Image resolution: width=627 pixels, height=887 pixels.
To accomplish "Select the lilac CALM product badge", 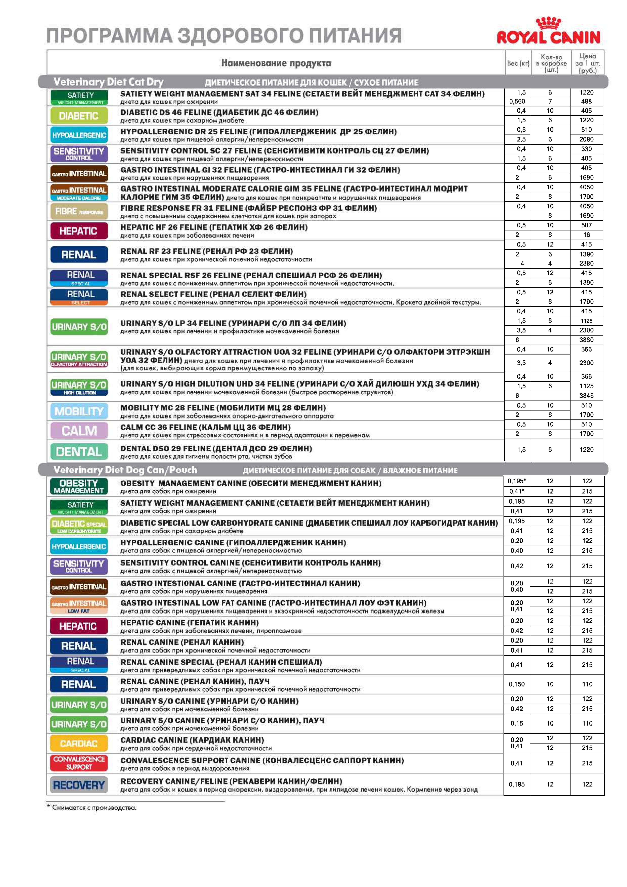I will point(79,430).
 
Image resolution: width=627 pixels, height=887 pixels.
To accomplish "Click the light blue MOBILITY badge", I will point(79,411).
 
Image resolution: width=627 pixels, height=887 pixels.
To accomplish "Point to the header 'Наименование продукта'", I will point(276,63).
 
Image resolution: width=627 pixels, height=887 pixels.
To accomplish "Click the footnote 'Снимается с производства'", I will point(94,807).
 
